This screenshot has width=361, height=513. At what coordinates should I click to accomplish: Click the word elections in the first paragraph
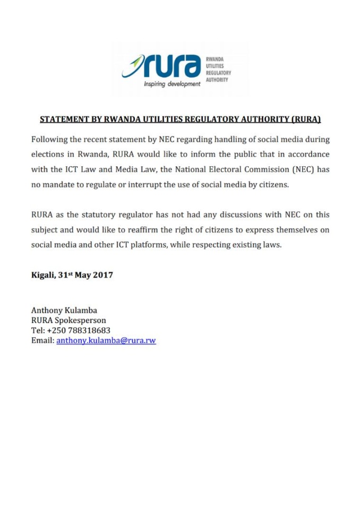click(x=49, y=155)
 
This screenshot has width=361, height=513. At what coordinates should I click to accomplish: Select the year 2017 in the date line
click(x=101, y=277)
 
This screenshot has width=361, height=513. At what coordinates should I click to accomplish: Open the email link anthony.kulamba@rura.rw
click(x=106, y=340)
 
